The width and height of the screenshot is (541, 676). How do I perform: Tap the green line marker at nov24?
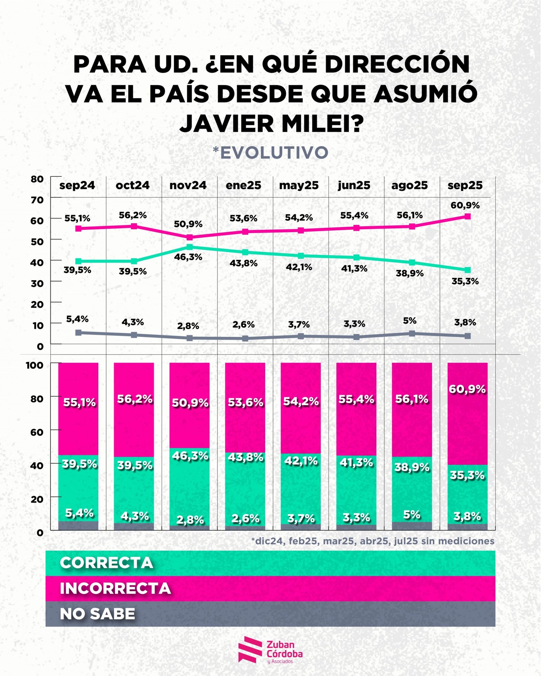pyautogui.click(x=189, y=247)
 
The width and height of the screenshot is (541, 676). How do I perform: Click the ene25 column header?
pyautogui.click(x=243, y=185)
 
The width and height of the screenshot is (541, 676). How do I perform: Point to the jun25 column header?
pyautogui.click(x=354, y=185)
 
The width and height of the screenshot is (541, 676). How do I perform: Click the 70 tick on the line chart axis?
pyautogui.click(x=37, y=200)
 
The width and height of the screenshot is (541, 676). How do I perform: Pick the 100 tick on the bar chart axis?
pyautogui.click(x=35, y=365)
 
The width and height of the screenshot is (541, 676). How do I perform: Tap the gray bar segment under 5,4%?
pyautogui.click(x=78, y=526)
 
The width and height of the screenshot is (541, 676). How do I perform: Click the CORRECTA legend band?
pyautogui.click(x=270, y=563)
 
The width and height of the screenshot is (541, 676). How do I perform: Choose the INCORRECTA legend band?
pyautogui.click(x=270, y=588)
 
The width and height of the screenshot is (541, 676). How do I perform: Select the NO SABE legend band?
pyautogui.click(x=270, y=614)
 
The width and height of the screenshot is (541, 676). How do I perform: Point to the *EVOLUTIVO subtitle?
pyautogui.click(x=270, y=153)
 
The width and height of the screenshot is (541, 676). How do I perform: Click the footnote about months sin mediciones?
pyautogui.click(x=373, y=541)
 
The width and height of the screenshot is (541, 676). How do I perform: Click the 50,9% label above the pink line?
pyautogui.click(x=188, y=224)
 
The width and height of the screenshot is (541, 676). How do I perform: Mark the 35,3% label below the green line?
pyautogui.click(x=465, y=281)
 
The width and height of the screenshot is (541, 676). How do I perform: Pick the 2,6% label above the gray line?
pyautogui.click(x=243, y=324)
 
